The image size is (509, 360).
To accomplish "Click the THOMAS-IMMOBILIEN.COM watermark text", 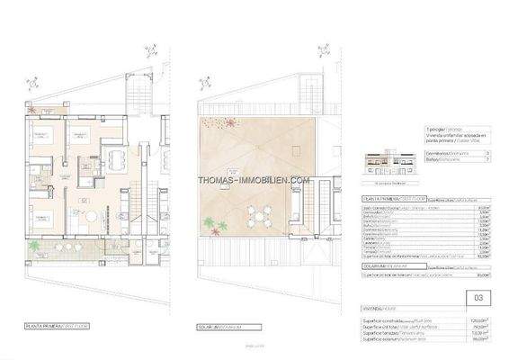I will [254, 180].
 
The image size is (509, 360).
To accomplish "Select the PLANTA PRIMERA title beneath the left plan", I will [51, 328].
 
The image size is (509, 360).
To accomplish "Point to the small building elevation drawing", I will [388, 162].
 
